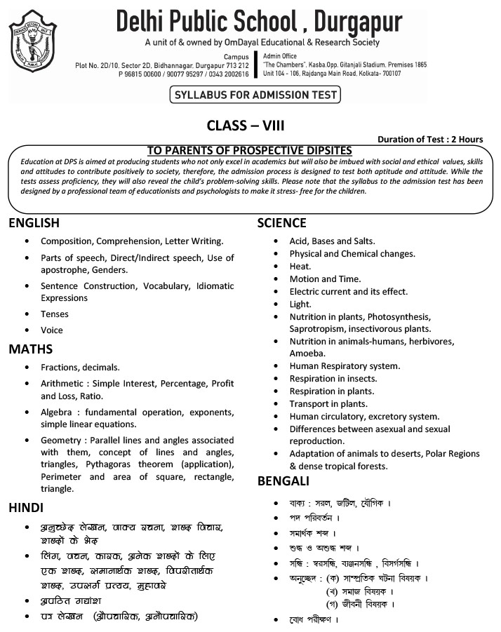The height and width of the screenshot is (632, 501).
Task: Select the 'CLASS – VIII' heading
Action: pos(245,126)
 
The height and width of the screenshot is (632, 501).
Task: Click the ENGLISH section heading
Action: pos(34,223)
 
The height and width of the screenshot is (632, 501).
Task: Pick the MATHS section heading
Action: pos(30,349)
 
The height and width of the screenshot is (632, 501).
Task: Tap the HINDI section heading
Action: pos(26,507)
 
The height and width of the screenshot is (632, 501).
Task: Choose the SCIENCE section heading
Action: pos(281,223)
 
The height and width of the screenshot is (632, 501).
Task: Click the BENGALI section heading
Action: pos(283,481)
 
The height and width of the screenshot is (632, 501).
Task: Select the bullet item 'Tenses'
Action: pos(55,314)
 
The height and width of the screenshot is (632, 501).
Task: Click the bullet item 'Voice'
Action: pos(52,330)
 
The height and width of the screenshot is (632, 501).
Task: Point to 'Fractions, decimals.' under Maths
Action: pos(80,367)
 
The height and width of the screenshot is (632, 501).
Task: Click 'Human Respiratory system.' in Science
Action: pos(345,366)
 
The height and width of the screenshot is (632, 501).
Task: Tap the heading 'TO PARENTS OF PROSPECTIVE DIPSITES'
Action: pos(249,151)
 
